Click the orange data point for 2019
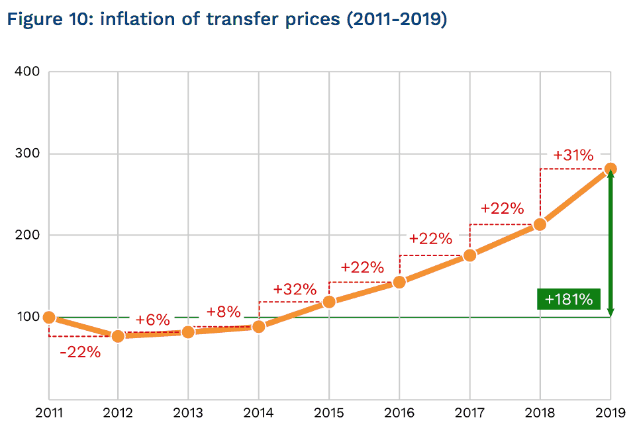click(610, 169)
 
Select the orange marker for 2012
click(118, 336)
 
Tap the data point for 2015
click(329, 302)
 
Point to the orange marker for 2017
click(470, 255)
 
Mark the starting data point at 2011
click(49, 318)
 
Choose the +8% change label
click(223, 312)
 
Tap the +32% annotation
click(295, 290)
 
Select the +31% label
click(573, 155)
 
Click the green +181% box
click(568, 299)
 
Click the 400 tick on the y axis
click(28, 71)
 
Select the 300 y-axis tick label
click(28, 154)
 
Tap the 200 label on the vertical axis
click(28, 236)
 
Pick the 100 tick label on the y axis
click(28, 318)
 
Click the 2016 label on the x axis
click(399, 414)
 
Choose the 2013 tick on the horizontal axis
click(188, 414)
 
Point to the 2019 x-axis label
click(609, 414)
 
